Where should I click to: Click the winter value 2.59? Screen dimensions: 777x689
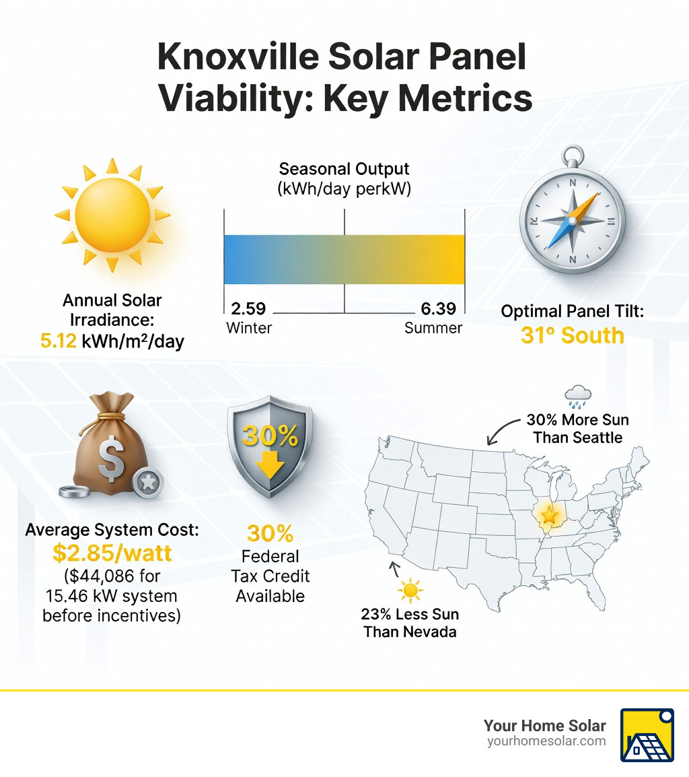click(248, 309)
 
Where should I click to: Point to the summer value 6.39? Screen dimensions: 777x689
click(439, 309)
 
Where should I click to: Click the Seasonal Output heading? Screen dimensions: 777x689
click(344, 168)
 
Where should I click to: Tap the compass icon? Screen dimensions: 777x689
click(572, 219)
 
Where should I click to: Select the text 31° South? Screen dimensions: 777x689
click(572, 335)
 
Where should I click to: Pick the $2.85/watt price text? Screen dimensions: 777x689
click(112, 553)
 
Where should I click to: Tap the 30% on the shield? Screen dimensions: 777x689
click(270, 437)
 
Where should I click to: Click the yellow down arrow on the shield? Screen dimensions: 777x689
click(270, 465)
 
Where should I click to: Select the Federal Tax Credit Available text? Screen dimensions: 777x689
click(270, 576)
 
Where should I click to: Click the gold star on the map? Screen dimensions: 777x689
click(550, 516)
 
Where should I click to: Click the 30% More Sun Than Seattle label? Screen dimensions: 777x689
click(577, 428)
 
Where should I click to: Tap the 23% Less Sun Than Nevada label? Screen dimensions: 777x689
click(410, 623)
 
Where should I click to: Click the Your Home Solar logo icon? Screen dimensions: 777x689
click(647, 735)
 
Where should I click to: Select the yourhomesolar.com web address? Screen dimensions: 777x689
click(546, 741)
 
